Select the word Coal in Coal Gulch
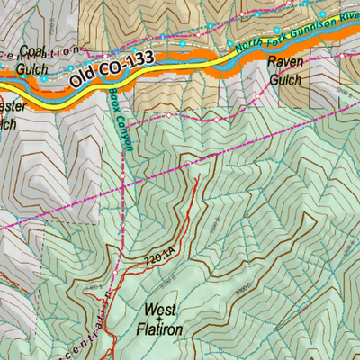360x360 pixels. click(31, 51)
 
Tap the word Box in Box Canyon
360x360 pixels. click(112, 95)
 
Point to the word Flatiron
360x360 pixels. click(162, 328)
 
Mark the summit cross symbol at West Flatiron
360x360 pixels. click(159, 319)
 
